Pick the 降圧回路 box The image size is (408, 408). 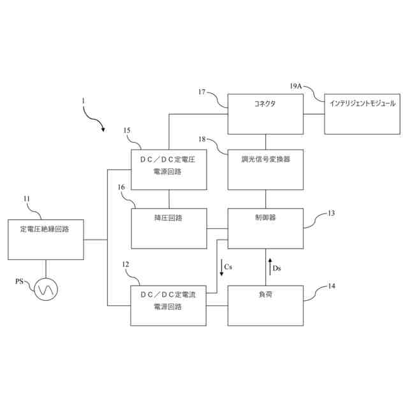coord(169,228)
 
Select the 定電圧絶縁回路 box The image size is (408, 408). coord(45,239)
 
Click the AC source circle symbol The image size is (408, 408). coord(47,289)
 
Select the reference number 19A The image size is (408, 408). coord(296,85)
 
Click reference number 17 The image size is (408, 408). coord(201,92)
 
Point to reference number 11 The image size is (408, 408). coord(27,198)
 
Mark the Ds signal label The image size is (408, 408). coord(277,268)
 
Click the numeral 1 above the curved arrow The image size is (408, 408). coord(82,100)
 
